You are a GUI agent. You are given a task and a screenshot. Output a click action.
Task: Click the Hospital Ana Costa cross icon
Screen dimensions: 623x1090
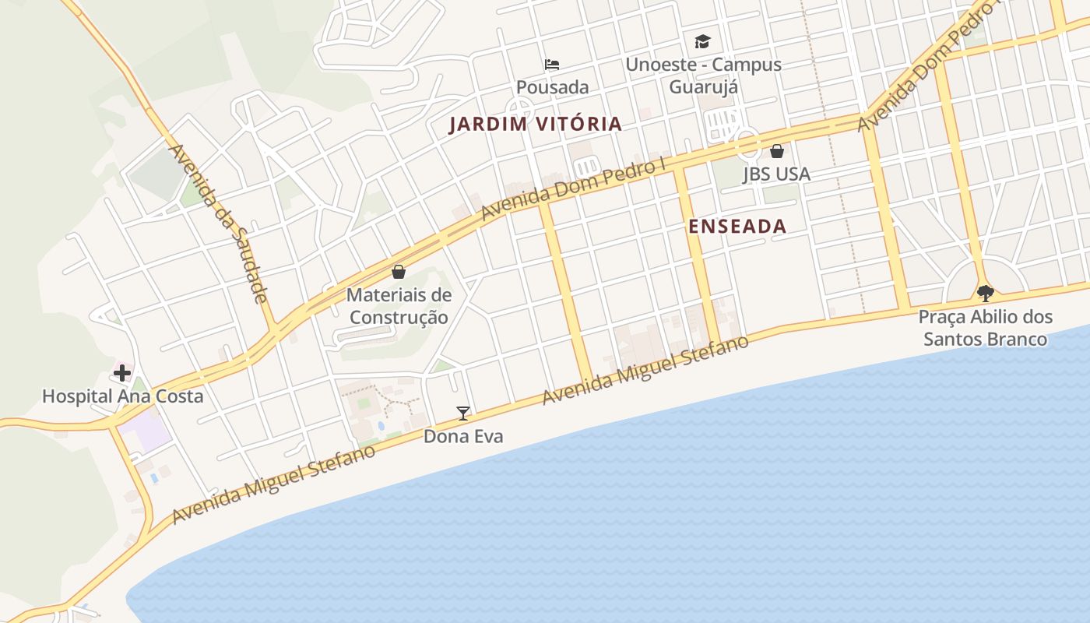point(122,373)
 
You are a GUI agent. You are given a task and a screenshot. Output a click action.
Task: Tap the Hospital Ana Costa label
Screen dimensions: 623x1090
point(122,396)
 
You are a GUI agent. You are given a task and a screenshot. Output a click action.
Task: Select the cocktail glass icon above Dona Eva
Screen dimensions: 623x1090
point(463,414)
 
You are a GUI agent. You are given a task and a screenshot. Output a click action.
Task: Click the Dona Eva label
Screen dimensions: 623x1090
point(463,437)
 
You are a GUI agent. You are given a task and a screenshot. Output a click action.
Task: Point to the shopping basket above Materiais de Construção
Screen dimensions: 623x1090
point(399,272)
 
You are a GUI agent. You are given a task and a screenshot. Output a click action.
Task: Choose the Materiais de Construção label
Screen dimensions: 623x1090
point(399,306)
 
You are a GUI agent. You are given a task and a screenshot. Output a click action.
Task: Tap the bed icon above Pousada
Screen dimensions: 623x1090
point(552,65)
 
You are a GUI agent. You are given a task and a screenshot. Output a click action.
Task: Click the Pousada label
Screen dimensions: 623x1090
point(552,87)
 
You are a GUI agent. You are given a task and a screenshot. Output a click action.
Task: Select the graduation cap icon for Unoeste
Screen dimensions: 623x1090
point(703,41)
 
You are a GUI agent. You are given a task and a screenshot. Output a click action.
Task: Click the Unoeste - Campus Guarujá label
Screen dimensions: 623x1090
point(703,75)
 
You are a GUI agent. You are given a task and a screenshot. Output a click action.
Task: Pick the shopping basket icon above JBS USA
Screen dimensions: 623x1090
point(777,151)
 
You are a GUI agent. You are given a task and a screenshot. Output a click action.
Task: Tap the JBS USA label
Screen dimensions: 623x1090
point(777,174)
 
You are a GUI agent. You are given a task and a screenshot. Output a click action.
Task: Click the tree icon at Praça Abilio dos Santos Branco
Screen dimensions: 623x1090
point(986,294)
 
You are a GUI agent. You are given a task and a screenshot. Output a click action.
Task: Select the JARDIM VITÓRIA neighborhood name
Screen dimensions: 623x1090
point(536,124)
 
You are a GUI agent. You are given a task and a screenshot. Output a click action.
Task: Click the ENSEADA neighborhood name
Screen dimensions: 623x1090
point(737,227)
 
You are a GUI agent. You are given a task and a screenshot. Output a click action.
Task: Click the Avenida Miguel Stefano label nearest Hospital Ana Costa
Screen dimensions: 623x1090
point(273,484)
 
